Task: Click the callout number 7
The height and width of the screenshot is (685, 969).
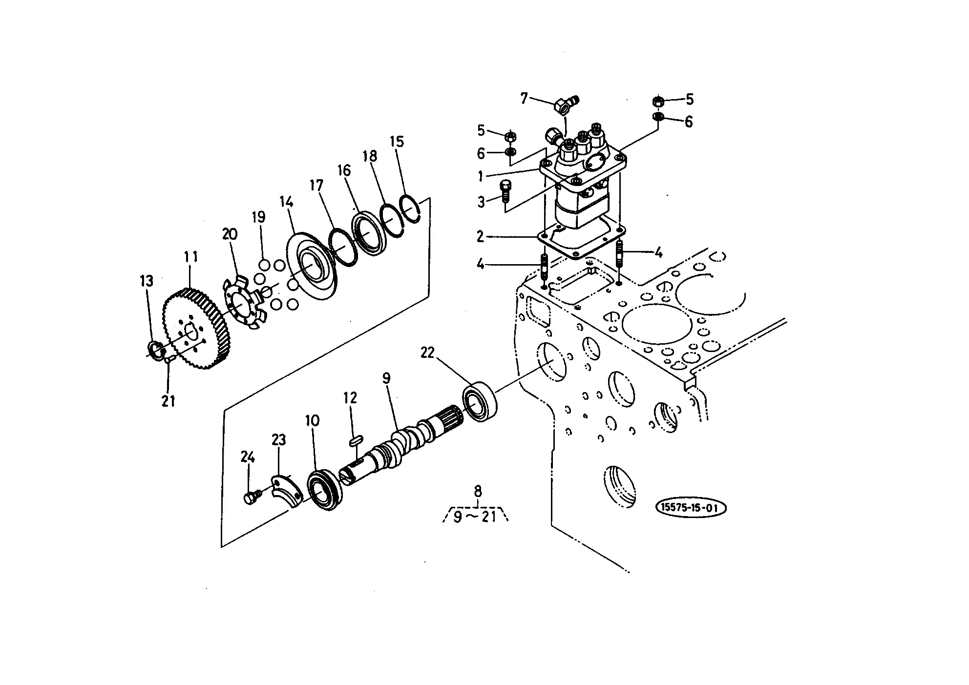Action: pos(525,99)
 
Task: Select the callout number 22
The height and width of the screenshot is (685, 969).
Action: pos(427,353)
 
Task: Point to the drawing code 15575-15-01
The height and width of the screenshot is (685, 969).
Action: pos(691,508)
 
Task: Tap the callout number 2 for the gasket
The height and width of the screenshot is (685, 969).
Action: pos(481,237)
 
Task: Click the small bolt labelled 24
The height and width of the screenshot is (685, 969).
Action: pos(250,498)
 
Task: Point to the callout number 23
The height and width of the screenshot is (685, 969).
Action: pos(279,440)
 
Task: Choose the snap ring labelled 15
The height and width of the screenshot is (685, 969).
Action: pos(410,208)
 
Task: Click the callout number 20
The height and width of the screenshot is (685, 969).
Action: pos(230,234)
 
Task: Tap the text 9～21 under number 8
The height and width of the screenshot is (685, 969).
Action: pos(475,517)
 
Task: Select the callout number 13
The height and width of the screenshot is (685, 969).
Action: pos(147,281)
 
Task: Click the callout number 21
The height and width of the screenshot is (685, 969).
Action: pos(169,401)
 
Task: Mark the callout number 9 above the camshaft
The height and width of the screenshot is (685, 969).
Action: pos(386,378)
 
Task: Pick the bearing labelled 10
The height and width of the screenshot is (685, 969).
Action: pos(325,490)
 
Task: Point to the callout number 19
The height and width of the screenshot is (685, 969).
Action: pos(259,217)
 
